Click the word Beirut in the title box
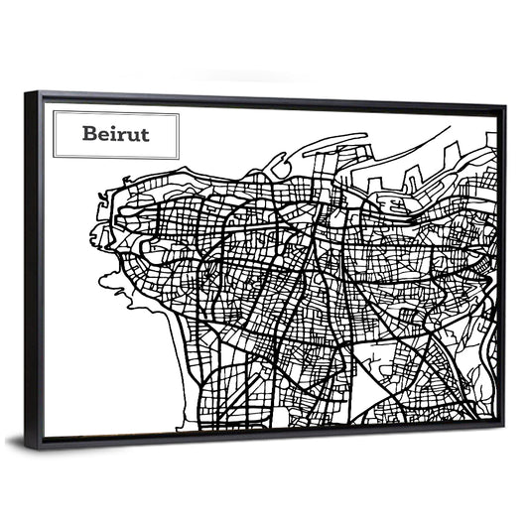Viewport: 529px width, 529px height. point(116,134)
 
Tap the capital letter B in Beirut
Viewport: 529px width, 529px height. point(90,134)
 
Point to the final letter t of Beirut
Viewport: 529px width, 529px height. point(144,134)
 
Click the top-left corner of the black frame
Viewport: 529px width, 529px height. point(27,92)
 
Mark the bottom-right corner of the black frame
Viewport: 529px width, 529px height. point(505,430)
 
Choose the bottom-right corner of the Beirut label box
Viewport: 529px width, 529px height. point(180,158)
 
